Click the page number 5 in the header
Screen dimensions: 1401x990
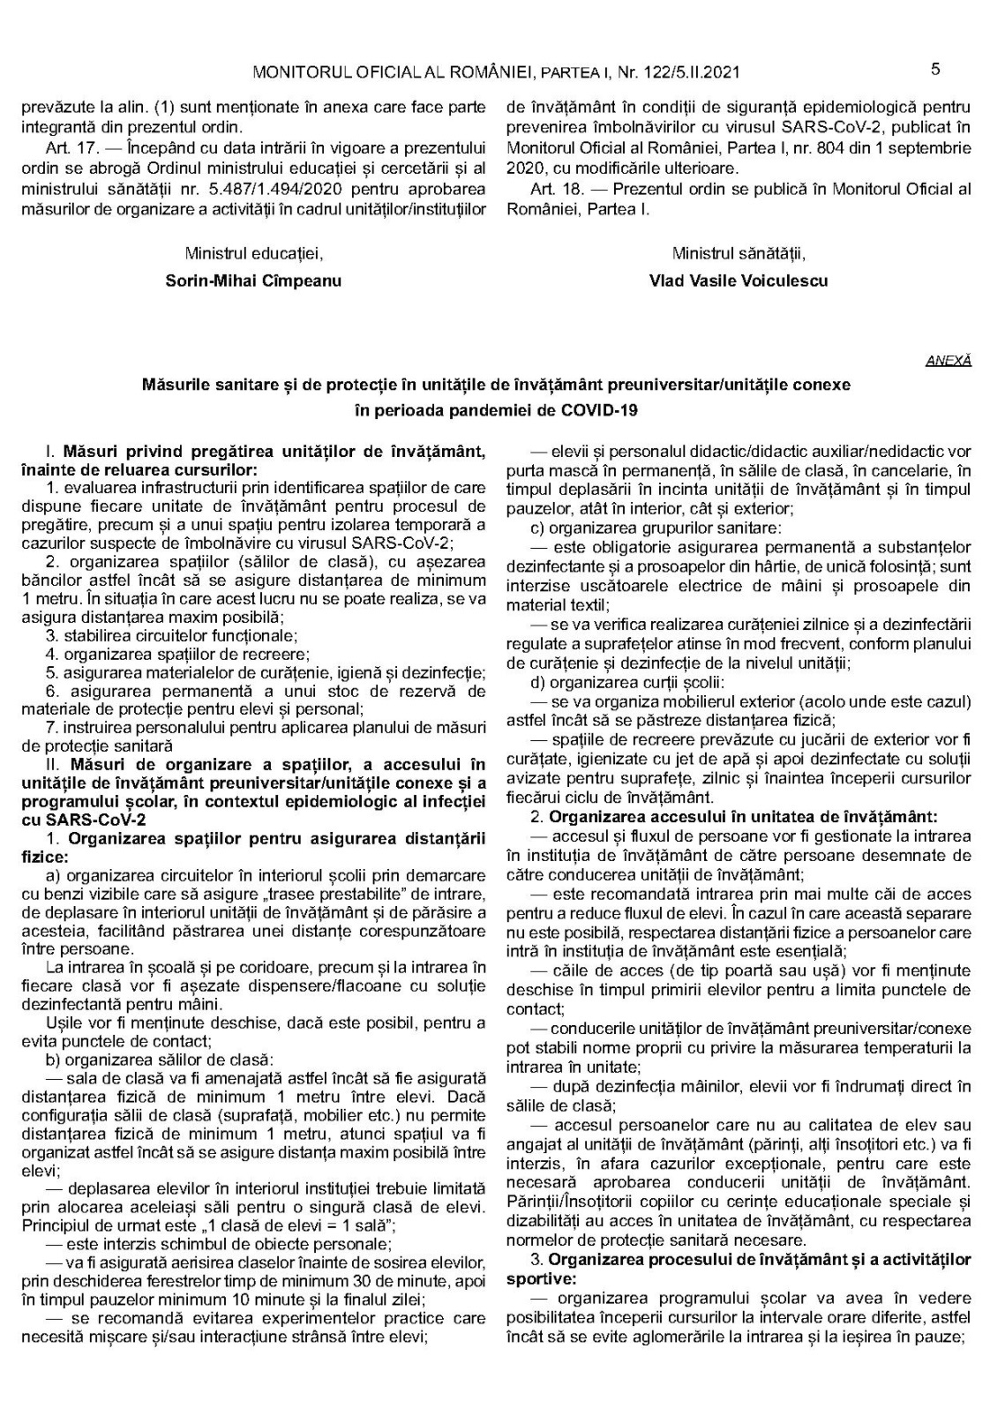pyautogui.click(x=935, y=70)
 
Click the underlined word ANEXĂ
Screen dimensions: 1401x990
pyautogui.click(x=949, y=361)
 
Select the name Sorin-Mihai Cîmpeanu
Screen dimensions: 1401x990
pyautogui.click(x=253, y=281)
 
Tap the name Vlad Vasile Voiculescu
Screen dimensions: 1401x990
pyautogui.click(x=739, y=281)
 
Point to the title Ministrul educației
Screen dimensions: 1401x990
pyautogui.click(x=253, y=254)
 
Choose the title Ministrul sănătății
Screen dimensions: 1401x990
pyautogui.click(x=739, y=254)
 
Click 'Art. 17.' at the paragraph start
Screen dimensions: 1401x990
pyautogui.click(x=71, y=148)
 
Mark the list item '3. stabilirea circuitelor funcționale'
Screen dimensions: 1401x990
pyautogui.click(x=171, y=635)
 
